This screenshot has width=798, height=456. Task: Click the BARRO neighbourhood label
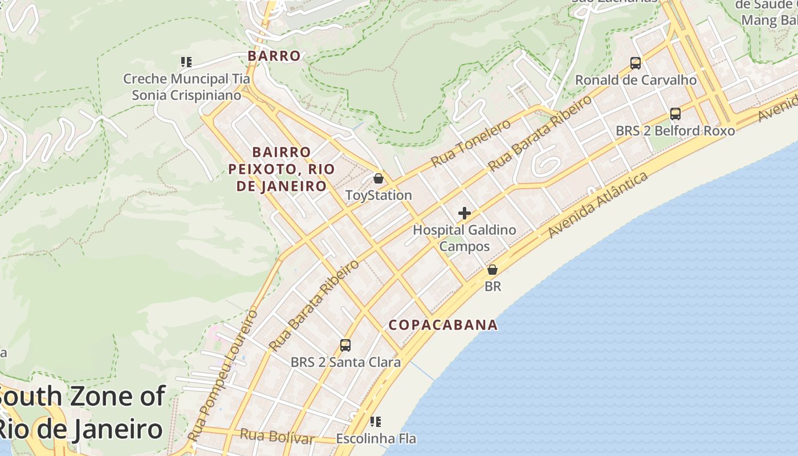(x=274, y=56)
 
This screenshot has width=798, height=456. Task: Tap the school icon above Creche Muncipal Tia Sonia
(x=186, y=62)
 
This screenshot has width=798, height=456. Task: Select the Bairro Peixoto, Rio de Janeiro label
(x=282, y=169)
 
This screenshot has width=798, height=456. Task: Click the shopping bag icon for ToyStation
(x=378, y=179)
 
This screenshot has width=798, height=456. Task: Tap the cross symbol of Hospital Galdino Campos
(x=465, y=213)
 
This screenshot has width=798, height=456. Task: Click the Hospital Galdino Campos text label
(x=465, y=238)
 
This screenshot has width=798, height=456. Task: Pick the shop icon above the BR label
(x=492, y=270)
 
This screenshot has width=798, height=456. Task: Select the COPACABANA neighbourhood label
(x=443, y=325)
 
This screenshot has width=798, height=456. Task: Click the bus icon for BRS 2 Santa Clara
(x=345, y=345)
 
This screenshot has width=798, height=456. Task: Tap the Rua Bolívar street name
(x=277, y=437)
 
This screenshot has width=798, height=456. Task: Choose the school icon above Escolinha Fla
(x=375, y=422)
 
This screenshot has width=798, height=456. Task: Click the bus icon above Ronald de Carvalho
(x=636, y=63)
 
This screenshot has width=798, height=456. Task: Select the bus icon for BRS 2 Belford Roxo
(x=675, y=113)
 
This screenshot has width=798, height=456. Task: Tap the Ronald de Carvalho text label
(x=636, y=80)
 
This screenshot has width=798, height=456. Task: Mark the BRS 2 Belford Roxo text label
(x=675, y=131)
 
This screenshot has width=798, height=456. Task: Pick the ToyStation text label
(x=378, y=196)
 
